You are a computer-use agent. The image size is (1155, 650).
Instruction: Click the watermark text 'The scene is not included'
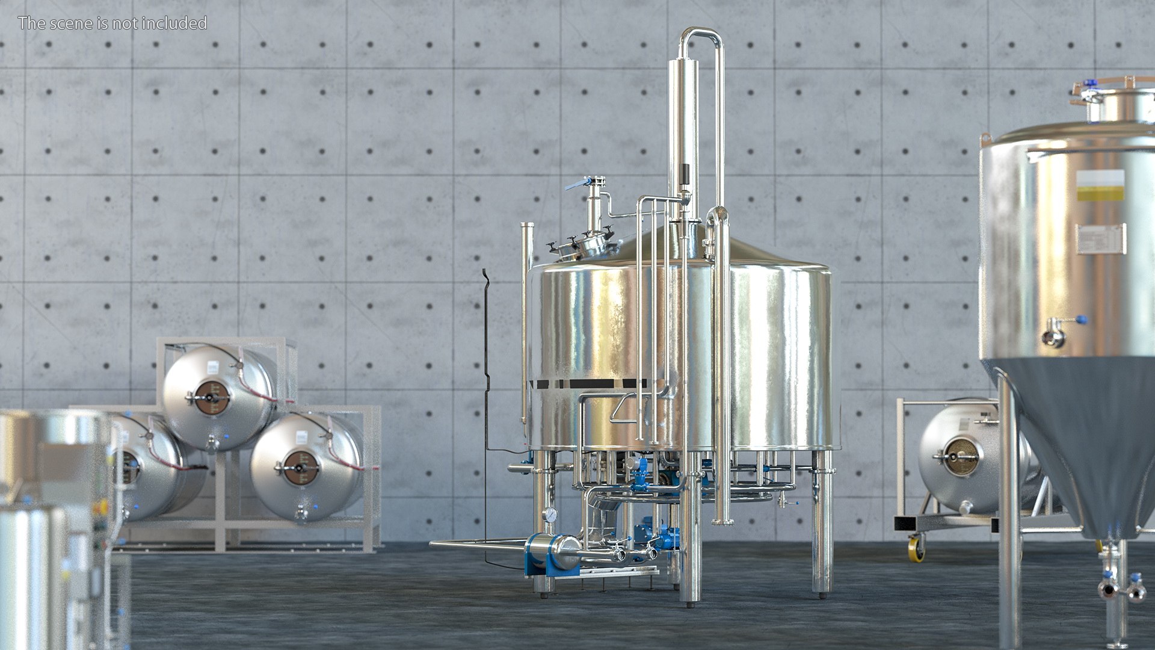(x=112, y=23)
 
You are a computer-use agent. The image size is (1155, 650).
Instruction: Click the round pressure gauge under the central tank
(x=550, y=515)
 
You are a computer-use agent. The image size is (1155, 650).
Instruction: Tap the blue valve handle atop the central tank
(x=576, y=184)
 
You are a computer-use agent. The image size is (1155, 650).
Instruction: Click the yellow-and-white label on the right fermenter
(x=1101, y=186)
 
